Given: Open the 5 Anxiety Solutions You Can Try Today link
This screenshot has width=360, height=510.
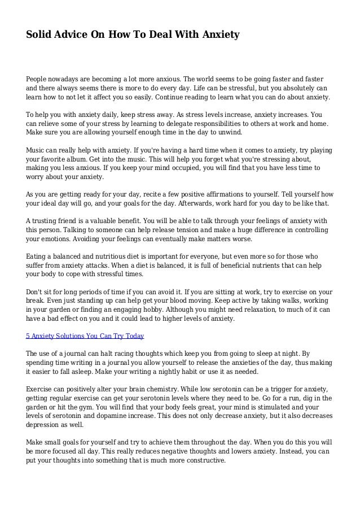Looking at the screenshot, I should pos(85,336).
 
